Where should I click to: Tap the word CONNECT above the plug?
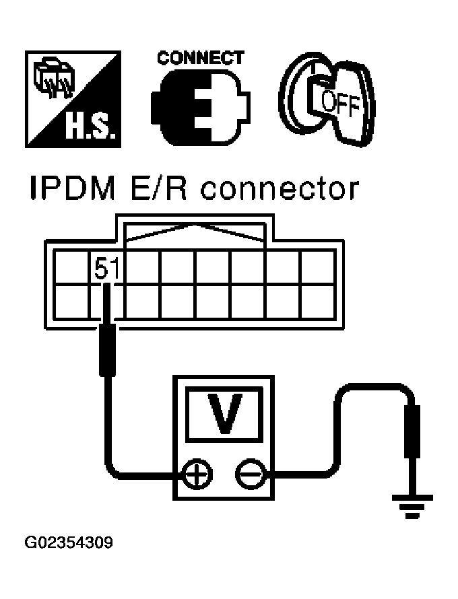[x=200, y=59]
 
